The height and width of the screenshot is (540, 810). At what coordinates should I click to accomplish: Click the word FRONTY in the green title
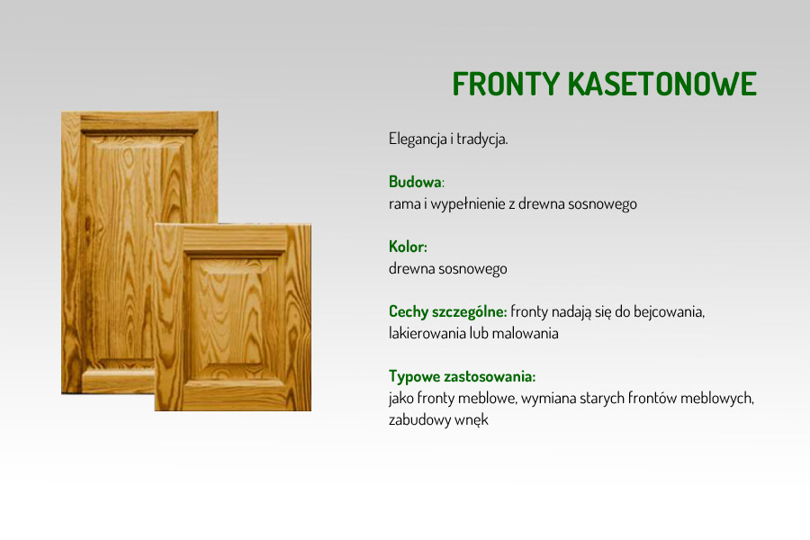506,84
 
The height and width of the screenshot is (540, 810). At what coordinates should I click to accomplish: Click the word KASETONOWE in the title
662,84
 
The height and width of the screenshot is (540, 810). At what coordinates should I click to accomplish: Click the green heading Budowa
415,182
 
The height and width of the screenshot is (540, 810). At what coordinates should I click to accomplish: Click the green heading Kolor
408,247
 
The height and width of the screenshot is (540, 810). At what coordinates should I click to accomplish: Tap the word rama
404,204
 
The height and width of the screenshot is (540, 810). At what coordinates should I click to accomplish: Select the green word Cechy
408,311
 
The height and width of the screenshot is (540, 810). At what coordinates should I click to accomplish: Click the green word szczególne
469,312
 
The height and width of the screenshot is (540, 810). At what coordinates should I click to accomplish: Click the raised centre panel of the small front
233,318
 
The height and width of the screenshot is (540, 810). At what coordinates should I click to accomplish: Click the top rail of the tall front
139,122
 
